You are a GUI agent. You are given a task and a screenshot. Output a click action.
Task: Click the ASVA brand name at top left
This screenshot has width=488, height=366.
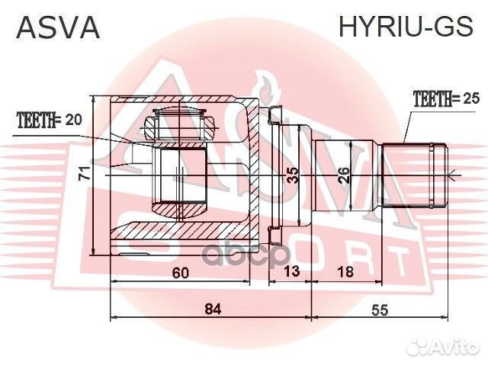(x=58, y=27)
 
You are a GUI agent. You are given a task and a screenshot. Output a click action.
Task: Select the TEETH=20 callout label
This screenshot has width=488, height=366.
(x=49, y=119)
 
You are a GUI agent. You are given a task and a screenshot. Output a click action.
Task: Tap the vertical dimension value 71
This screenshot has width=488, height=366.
(x=86, y=174)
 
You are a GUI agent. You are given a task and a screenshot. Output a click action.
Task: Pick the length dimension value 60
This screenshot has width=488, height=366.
(x=180, y=273)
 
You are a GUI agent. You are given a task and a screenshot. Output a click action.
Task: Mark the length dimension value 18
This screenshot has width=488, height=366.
(x=345, y=273)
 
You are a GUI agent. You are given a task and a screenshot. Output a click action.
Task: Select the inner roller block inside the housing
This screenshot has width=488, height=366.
(x=181, y=175)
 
